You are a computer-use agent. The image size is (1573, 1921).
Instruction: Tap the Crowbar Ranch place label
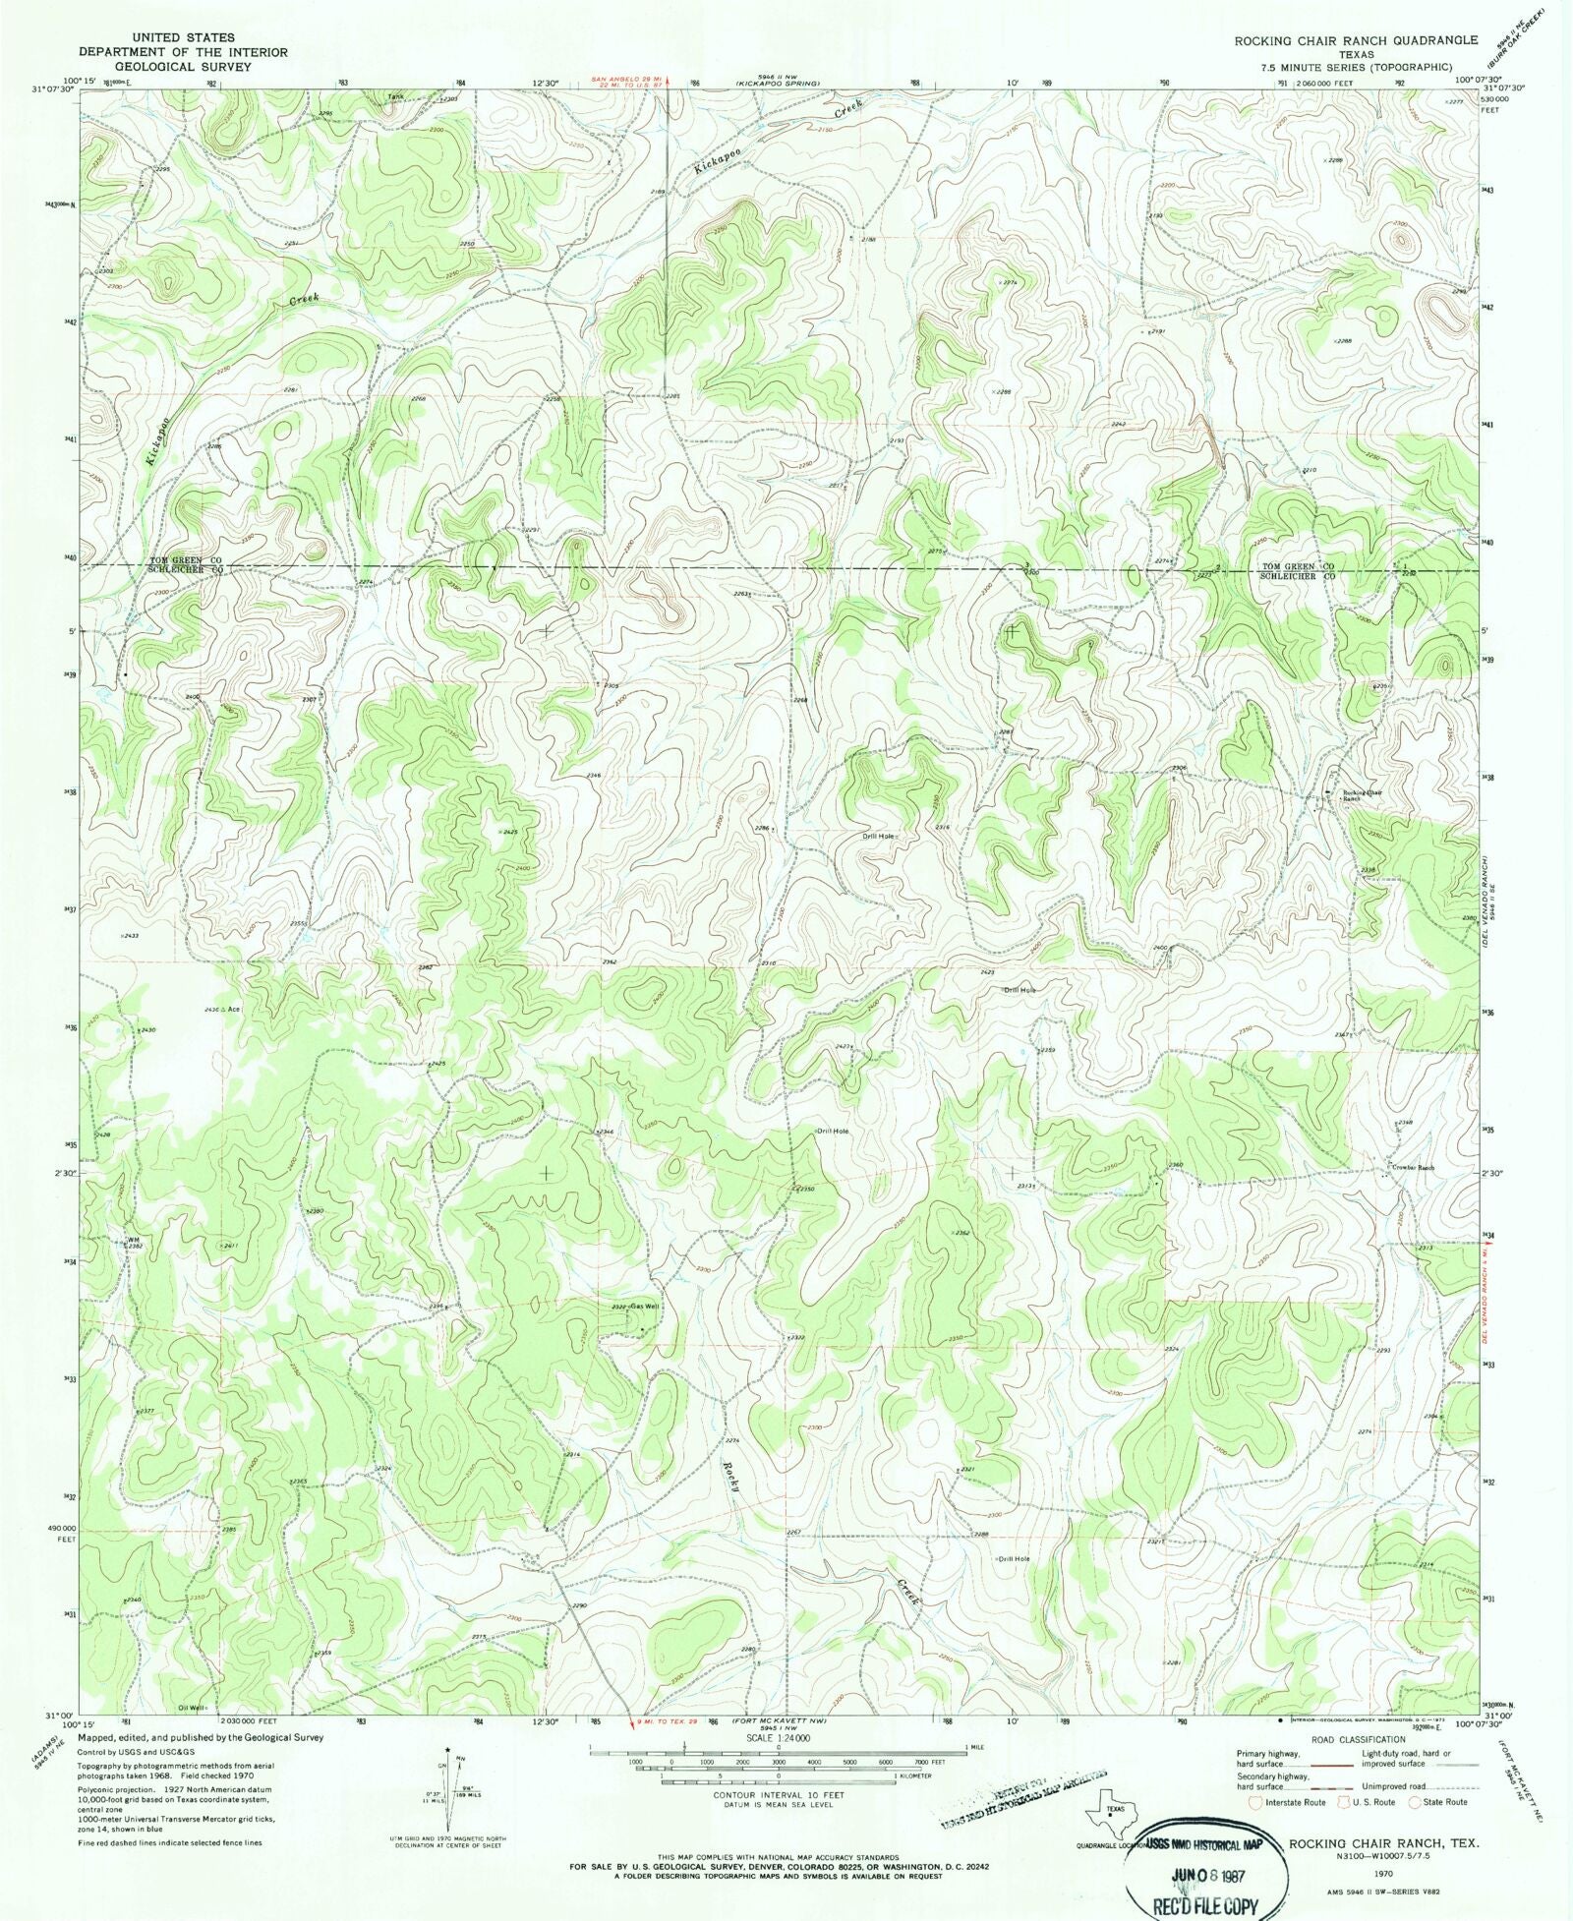point(1413,1167)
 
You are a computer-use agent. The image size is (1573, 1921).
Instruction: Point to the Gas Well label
point(644,1307)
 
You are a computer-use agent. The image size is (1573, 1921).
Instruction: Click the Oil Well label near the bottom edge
point(193,1708)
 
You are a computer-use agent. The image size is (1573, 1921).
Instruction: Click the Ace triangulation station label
point(234,1010)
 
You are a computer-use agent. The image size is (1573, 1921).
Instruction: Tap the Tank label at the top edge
point(395,96)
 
